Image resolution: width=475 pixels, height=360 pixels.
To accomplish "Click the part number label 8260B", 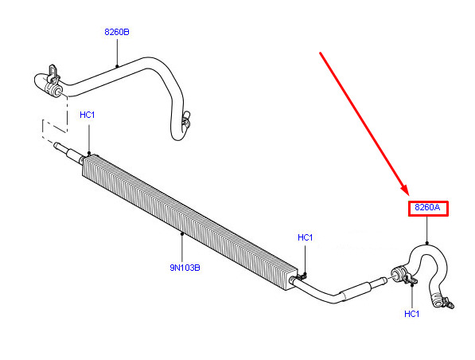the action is click(x=117, y=32).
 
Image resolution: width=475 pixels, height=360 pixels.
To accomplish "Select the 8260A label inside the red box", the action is click(x=427, y=207).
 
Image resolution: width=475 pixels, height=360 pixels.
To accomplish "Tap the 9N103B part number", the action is click(x=185, y=268).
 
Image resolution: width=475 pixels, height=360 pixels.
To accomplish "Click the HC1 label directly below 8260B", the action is click(x=88, y=115).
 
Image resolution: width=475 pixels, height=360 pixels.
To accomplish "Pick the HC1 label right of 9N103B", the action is click(x=306, y=237).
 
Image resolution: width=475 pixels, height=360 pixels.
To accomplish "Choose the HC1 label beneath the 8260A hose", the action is click(x=412, y=314).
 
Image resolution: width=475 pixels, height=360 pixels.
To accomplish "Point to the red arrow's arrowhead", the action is click(x=405, y=190).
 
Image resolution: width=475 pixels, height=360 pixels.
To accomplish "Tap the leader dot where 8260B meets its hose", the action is click(x=117, y=66).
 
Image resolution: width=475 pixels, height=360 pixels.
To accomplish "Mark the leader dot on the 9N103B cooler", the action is click(x=182, y=233).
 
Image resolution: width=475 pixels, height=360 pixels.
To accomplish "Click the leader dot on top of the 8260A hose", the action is click(x=426, y=243).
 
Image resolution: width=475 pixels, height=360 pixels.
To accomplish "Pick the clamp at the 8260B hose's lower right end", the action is click(x=186, y=119).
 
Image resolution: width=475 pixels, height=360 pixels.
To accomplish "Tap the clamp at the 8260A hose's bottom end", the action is click(x=444, y=302).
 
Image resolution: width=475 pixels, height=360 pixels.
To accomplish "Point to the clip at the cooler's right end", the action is click(x=301, y=276).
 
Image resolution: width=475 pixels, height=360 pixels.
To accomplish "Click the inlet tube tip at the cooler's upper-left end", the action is click(x=56, y=145).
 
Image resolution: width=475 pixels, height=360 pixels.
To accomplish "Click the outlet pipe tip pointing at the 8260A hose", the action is click(x=383, y=280).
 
